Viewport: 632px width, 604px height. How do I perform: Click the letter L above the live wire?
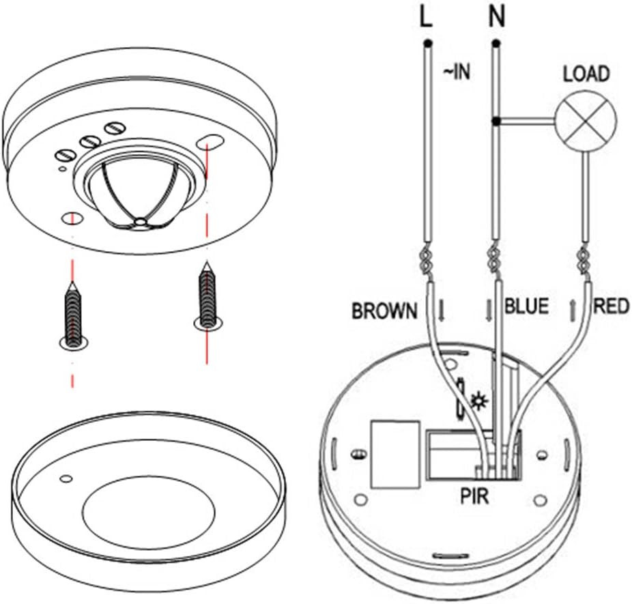coord(426,18)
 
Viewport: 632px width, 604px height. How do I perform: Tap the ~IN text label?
coord(457,71)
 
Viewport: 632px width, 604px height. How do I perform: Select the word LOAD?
coord(586,74)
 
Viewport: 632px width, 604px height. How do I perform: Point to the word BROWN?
coord(384,311)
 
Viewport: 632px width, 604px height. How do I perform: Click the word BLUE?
coord(526,306)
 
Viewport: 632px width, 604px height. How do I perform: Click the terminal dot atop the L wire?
coord(427,44)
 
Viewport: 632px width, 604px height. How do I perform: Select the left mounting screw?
coord(72,313)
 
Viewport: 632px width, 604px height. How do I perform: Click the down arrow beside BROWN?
coord(442,311)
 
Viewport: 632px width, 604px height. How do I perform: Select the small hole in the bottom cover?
coord(66,478)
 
